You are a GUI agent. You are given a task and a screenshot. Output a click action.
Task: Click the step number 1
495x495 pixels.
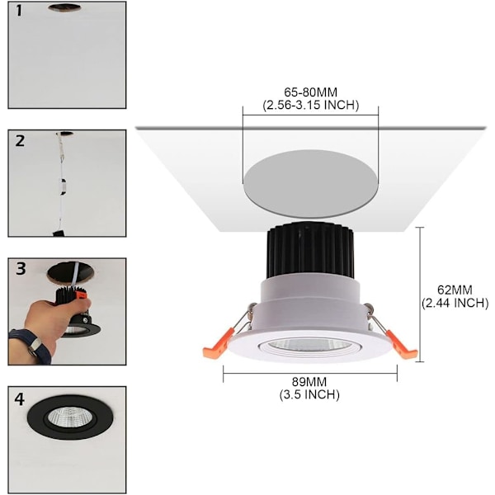pyautogui.click(x=19, y=11)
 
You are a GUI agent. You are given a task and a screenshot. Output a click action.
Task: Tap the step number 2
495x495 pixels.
pyautogui.click(x=20, y=140)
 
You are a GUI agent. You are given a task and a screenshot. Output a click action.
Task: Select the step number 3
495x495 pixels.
pyautogui.click(x=21, y=269)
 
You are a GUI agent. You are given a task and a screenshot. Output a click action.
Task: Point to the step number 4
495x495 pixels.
pyautogui.click(x=20, y=399)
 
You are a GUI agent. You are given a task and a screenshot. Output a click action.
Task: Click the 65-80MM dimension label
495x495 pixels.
pyautogui.click(x=311, y=92)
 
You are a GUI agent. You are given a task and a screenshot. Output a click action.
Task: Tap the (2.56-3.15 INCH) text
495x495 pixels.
pyautogui.click(x=311, y=105)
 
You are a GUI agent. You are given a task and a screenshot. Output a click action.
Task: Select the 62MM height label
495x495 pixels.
pyautogui.click(x=455, y=290)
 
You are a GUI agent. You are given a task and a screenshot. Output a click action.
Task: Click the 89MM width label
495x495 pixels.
pyautogui.click(x=309, y=382)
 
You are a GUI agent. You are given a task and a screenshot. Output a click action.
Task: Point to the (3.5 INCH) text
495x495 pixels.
pyautogui.click(x=309, y=394)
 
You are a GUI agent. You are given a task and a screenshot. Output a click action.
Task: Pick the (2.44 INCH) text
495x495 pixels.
pyautogui.click(x=455, y=303)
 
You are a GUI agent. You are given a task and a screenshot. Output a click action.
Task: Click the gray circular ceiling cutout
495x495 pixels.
pyautogui.click(x=311, y=184)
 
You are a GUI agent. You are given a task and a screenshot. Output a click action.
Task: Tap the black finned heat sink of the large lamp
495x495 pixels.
pyautogui.click(x=311, y=251)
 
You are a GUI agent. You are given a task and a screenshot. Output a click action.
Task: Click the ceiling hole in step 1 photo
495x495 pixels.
pyautogui.click(x=64, y=8)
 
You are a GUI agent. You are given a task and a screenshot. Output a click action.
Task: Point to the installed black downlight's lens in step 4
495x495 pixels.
pyautogui.click(x=69, y=417)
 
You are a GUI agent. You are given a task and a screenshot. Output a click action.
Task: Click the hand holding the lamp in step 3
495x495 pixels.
pyautogui.click(x=55, y=318)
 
